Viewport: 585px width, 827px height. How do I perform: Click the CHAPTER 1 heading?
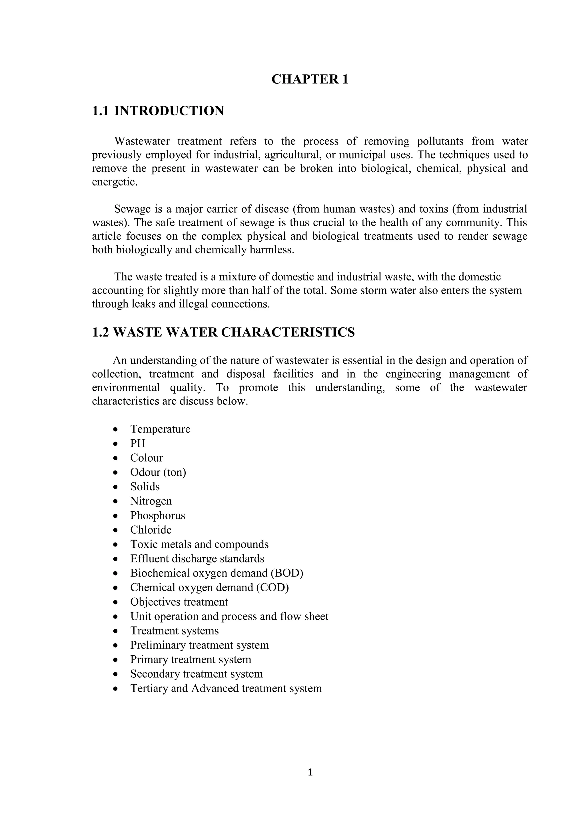310,79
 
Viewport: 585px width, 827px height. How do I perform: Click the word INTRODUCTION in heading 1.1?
169,111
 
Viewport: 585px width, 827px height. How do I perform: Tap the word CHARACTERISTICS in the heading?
288,332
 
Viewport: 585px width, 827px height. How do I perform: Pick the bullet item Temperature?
160,429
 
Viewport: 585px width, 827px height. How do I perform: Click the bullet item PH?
138,443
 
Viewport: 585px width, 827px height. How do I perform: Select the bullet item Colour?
147,458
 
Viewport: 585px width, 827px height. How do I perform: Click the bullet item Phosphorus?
157,515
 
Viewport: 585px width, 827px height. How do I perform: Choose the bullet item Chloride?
151,530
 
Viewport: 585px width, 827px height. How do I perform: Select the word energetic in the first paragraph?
115,182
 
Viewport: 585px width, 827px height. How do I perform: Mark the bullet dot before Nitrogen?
115,501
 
